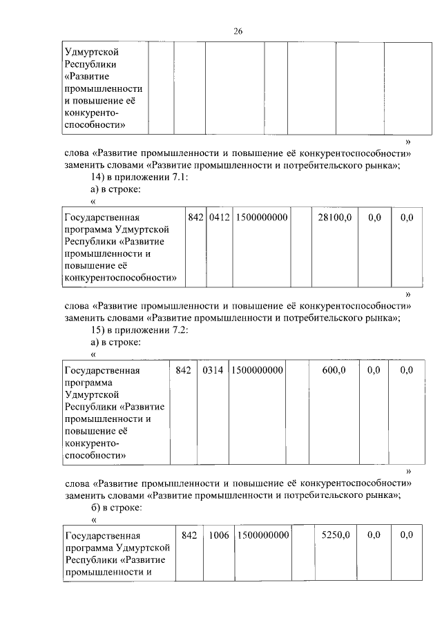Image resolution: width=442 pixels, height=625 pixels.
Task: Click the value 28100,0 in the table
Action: click(x=334, y=218)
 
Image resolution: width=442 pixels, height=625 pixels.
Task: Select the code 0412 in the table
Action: click(x=219, y=218)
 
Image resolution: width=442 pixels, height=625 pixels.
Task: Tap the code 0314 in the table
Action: click(x=213, y=370)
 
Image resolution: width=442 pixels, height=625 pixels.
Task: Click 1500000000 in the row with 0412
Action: click(x=261, y=218)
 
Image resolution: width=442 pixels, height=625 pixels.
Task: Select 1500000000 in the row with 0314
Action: click(x=257, y=370)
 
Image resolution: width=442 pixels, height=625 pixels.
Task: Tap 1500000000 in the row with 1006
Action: click(x=262, y=535)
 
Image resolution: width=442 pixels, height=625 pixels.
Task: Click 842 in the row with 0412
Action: click(x=195, y=218)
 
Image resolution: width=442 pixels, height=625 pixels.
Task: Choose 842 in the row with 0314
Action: click(x=183, y=370)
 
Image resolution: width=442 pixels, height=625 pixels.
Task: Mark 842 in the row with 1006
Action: click(x=189, y=535)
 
